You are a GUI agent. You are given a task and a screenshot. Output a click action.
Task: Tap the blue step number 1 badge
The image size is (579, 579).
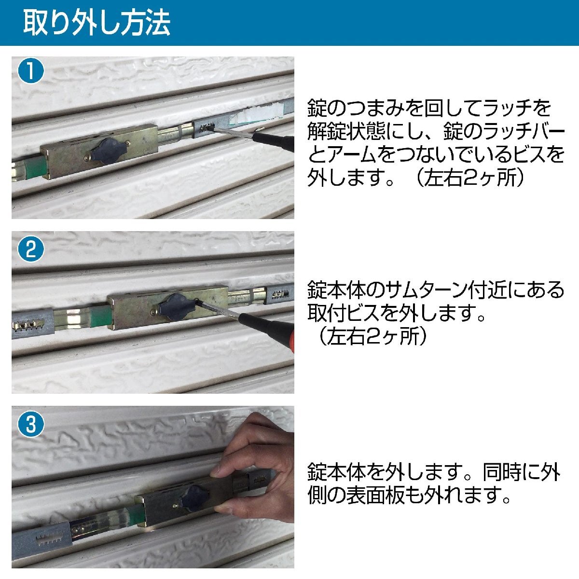click(31, 71)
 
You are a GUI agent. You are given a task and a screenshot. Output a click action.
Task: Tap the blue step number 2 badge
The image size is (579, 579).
click(31, 249)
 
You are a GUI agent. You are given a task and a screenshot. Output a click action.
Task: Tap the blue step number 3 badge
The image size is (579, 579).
click(31, 424)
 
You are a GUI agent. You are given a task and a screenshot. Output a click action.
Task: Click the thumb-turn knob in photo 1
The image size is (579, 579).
click(108, 151)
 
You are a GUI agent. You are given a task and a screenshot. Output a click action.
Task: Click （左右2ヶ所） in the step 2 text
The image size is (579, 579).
click(372, 336)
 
